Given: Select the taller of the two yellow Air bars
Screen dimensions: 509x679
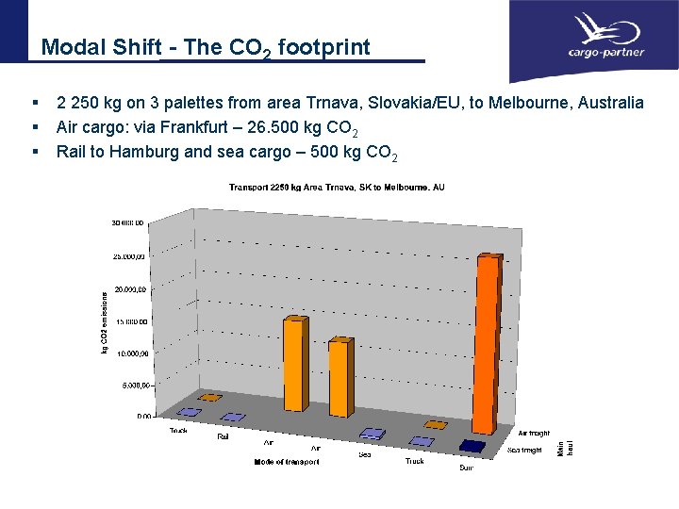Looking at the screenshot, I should point(295,365).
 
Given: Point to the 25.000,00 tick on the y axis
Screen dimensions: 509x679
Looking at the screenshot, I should point(128,255).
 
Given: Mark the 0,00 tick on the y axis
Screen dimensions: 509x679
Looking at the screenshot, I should point(142,415).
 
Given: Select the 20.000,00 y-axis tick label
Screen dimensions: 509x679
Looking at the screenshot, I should point(128,289).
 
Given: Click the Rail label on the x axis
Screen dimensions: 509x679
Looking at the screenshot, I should point(224,436).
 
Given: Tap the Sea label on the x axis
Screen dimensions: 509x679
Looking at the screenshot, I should point(364,454).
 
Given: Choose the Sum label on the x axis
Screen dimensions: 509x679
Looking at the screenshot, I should point(466,468).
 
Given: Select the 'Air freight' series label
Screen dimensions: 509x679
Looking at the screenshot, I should point(533,433).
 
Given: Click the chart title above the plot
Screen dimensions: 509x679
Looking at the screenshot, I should point(337,188).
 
